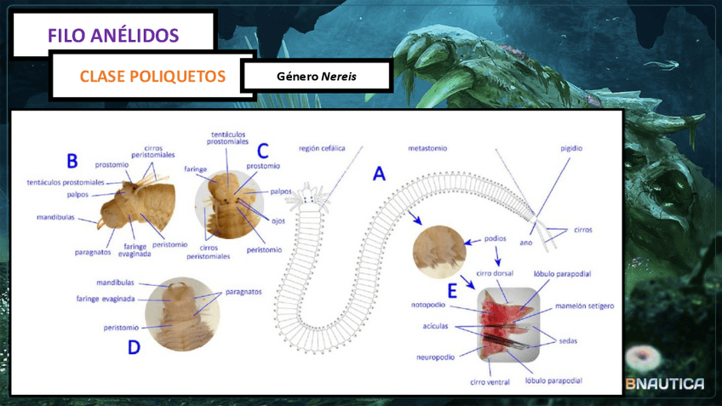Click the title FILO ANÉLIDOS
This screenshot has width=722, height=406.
113,35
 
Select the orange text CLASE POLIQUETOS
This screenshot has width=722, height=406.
152,77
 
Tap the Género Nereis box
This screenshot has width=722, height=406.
317,77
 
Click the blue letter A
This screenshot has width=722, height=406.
379,174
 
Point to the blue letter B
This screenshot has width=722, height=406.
72,160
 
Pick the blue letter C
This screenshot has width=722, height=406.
263,151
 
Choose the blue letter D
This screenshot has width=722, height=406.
133,346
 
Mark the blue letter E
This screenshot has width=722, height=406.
452,292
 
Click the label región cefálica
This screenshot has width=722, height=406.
322,147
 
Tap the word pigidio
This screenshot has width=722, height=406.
571,147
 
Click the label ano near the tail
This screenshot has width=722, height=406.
526,241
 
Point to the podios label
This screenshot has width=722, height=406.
496,239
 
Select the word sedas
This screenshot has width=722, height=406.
568,340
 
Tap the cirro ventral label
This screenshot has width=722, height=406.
490,382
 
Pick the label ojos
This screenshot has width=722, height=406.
278,220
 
